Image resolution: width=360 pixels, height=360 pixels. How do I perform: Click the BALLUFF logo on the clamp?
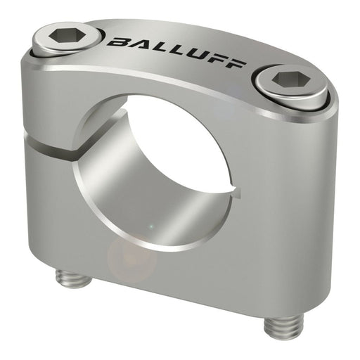[x=176, y=51]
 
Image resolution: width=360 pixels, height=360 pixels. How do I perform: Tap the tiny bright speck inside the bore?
[x=150, y=226]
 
